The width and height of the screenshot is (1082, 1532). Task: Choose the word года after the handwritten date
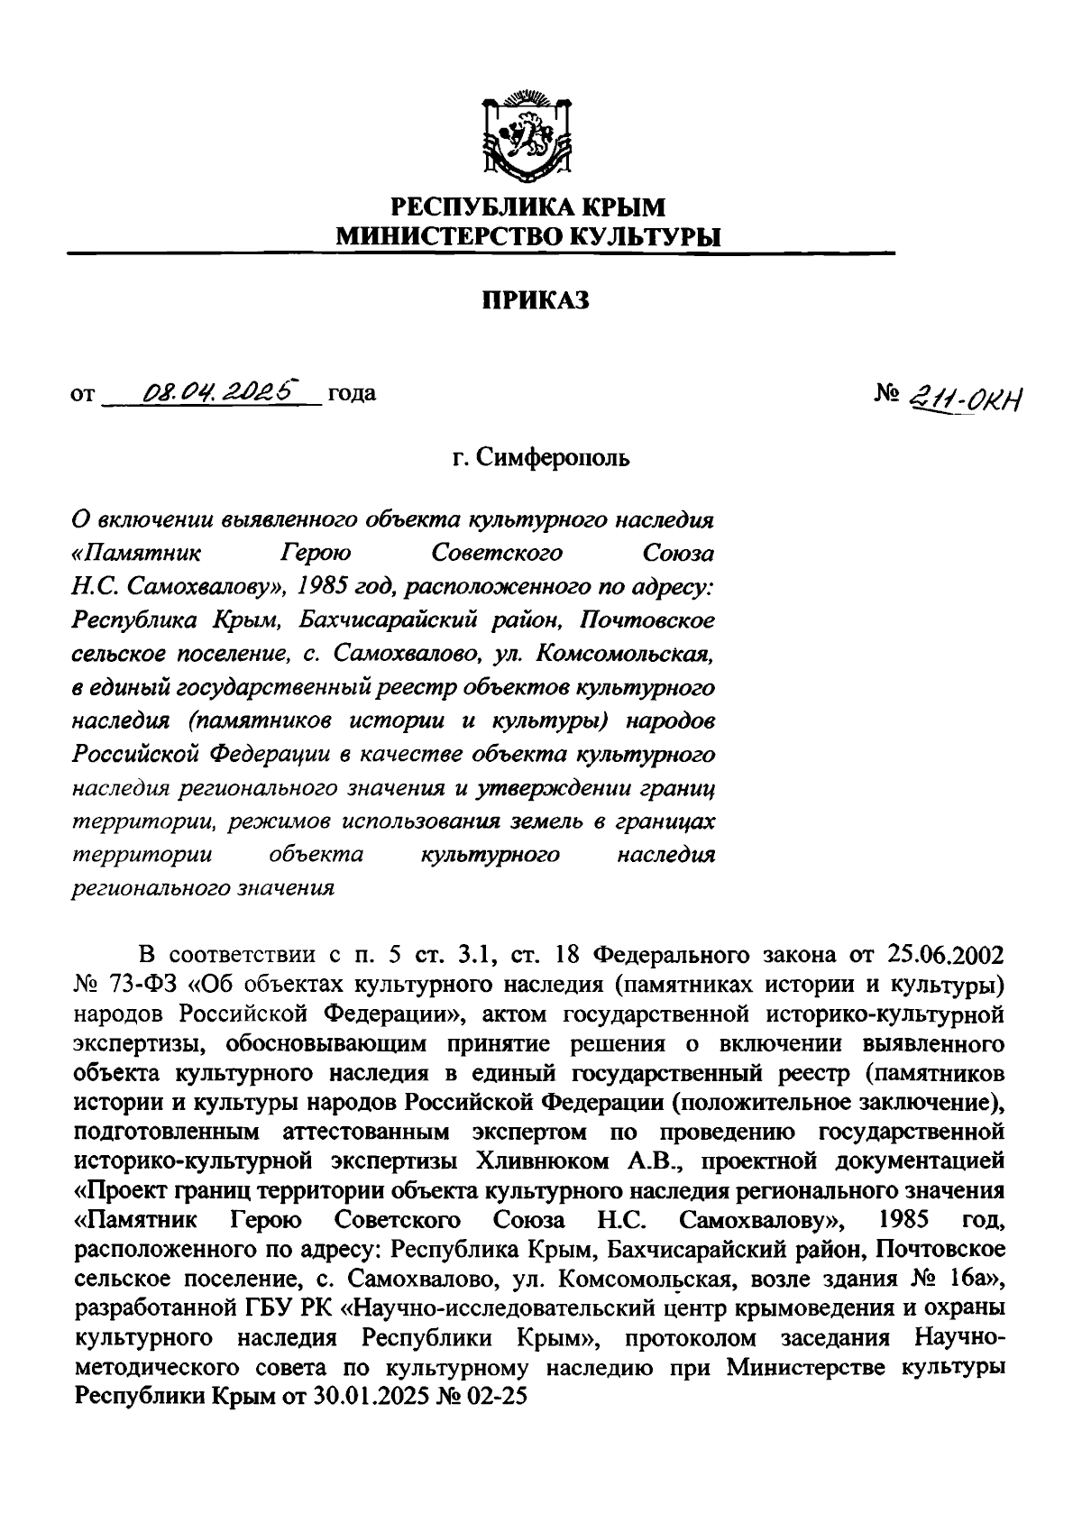352,393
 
